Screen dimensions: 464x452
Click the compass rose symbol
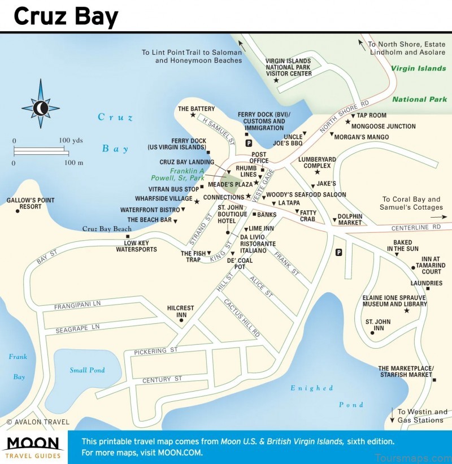(x=40, y=106)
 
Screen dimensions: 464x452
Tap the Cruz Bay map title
(x=66, y=16)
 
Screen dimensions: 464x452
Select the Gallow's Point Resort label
(x=24, y=203)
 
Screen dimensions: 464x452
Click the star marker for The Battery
(x=193, y=115)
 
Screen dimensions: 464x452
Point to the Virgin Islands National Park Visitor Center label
(x=289, y=67)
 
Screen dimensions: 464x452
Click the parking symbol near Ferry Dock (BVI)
(x=247, y=144)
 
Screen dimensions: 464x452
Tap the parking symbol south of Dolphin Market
(x=338, y=253)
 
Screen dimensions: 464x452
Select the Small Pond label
(x=87, y=370)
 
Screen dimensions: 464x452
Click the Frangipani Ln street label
(x=77, y=306)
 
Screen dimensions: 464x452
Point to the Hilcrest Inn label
(x=181, y=311)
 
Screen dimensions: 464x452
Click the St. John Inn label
(x=375, y=324)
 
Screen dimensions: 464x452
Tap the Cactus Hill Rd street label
(x=242, y=318)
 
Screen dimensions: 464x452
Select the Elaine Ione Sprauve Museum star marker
(x=406, y=311)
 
